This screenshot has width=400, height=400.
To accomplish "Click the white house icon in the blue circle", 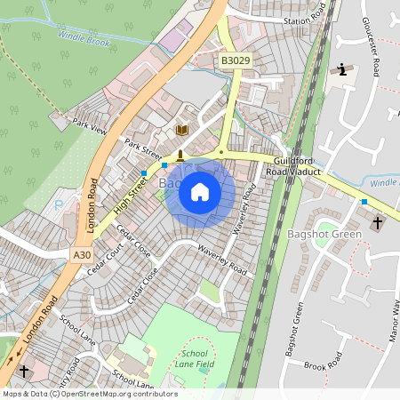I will click(x=200, y=191).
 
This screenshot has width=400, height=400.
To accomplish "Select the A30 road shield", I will click(x=82, y=255).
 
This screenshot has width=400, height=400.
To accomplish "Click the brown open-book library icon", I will click(x=182, y=131).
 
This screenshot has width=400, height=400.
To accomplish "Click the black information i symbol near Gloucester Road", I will click(x=344, y=69).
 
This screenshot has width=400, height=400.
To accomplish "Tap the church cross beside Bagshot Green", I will click(x=377, y=222).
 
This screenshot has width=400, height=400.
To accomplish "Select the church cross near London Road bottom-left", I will click(x=24, y=370).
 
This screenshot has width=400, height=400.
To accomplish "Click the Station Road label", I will click(x=305, y=20).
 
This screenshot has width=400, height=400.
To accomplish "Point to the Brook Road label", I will click(x=322, y=364).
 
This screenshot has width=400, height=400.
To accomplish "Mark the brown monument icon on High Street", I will click(x=180, y=156).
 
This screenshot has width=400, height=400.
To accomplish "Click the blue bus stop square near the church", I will click(x=363, y=203).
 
